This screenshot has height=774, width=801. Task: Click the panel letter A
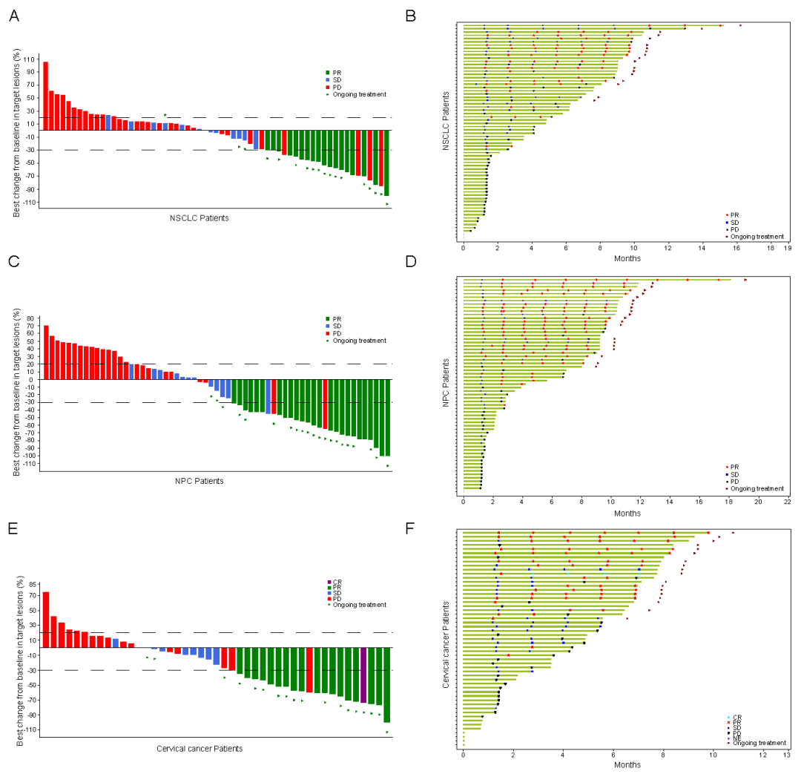point(14,15)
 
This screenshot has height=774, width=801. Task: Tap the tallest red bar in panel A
point(45,96)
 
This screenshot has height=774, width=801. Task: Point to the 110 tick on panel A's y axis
point(30,59)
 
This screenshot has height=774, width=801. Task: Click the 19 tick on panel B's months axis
point(788,249)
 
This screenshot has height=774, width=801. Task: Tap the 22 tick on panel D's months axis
point(788,502)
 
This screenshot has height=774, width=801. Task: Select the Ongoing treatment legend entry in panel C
point(360,341)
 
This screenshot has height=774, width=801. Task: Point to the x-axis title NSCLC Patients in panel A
point(199,218)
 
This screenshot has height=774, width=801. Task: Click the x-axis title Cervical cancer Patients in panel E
point(200,748)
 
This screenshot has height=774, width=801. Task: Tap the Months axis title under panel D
point(627,514)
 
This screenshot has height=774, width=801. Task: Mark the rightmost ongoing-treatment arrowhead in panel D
point(745,280)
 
